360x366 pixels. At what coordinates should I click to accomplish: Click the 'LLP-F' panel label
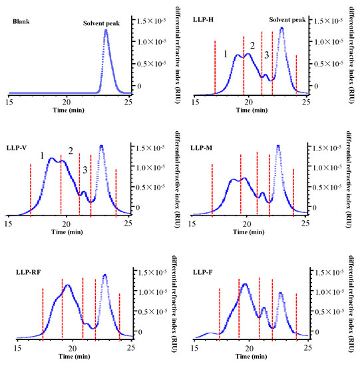pyautogui.click(x=203, y=272)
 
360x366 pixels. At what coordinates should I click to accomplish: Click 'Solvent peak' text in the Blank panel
pyautogui.click(x=104, y=24)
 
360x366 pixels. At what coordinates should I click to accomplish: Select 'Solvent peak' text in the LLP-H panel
pyautogui.click(x=286, y=19)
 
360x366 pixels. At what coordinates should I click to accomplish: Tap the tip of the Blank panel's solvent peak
pyautogui.click(x=106, y=30)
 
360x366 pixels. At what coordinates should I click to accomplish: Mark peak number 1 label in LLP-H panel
pyautogui.click(x=226, y=53)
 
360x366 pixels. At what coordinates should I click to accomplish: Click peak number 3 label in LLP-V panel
pyautogui.click(x=85, y=171)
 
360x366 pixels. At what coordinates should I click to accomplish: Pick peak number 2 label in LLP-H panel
pyautogui.click(x=252, y=45)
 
